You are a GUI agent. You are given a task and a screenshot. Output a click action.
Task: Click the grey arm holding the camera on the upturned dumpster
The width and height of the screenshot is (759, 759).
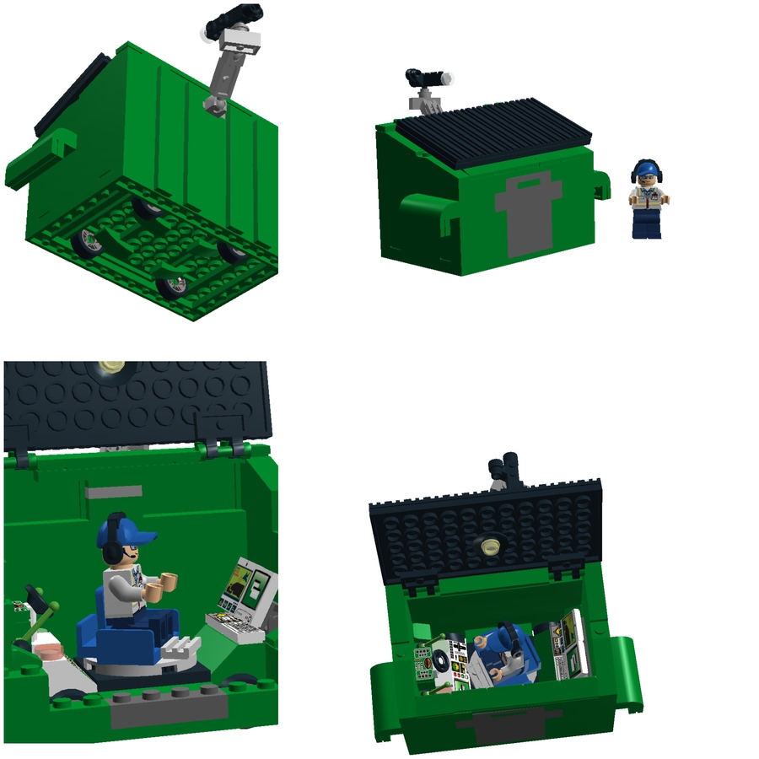click(224, 73)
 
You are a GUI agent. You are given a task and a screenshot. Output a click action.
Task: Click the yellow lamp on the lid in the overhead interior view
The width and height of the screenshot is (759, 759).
click(488, 546)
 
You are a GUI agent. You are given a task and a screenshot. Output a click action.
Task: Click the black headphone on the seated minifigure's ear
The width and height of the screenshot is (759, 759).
click(111, 552)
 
